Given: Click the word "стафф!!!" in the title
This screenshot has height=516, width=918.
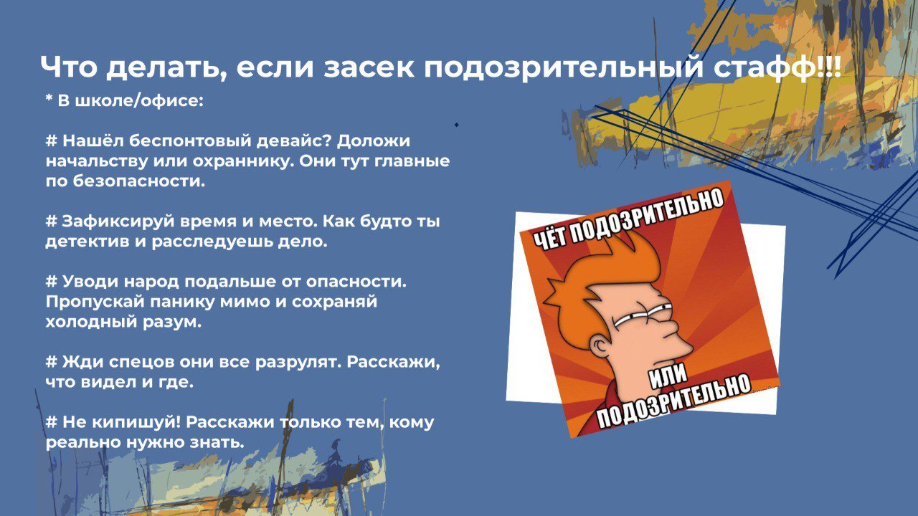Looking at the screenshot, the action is [777, 67].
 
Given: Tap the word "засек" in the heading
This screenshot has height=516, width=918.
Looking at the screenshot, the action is [369, 67].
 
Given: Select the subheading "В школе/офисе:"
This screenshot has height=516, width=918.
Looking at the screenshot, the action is [131, 101].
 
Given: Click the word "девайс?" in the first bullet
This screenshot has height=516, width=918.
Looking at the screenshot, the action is [293, 141].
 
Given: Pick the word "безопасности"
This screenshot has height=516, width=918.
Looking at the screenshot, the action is [139, 181].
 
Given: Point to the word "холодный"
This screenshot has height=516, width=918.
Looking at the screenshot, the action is [90, 322].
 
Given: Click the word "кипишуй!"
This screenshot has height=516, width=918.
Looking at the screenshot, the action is [136, 423].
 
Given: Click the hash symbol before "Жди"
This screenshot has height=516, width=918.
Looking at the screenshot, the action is [51, 362].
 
